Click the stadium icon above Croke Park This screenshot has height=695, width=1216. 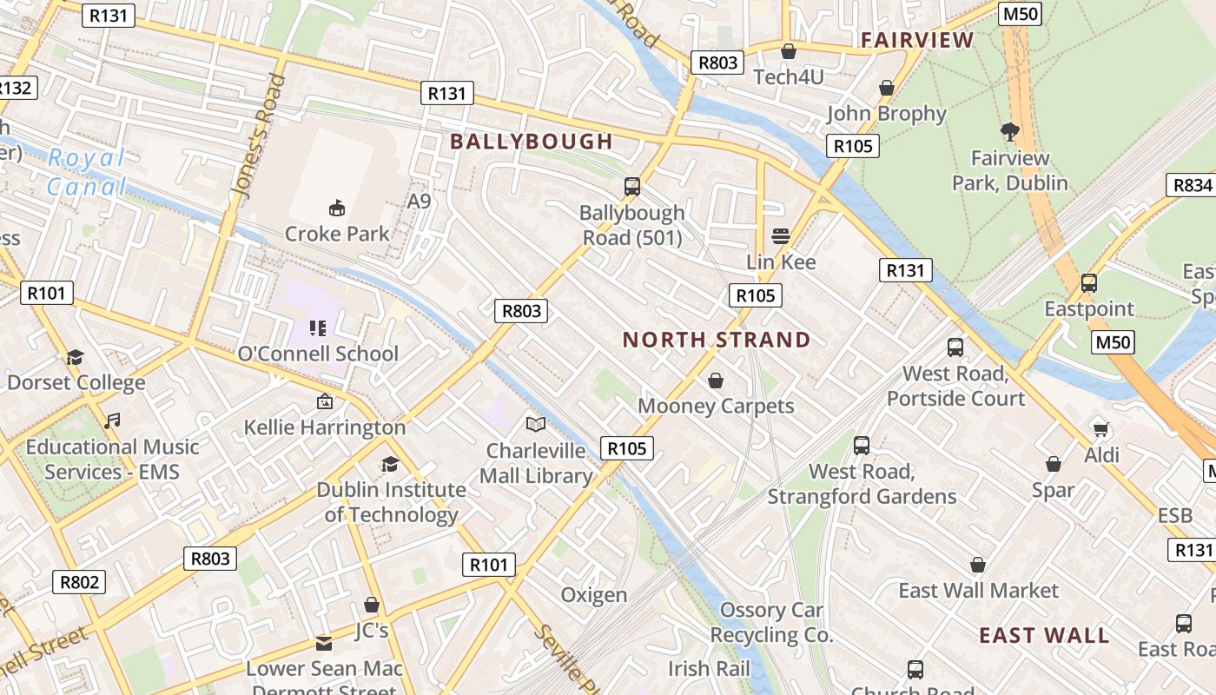pyautogui.click(x=337, y=208)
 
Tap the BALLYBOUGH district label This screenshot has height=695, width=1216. pyautogui.click(x=532, y=142)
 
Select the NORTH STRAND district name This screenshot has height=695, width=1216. pyautogui.click(x=717, y=340)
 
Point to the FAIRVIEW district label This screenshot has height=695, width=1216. pyautogui.click(x=917, y=40)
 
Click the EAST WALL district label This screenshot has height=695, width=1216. pyautogui.click(x=1044, y=635)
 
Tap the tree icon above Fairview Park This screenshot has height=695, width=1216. pyautogui.click(x=1009, y=132)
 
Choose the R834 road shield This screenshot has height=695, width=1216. pyautogui.click(x=1192, y=185)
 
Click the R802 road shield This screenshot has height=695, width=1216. pyautogui.click(x=79, y=582)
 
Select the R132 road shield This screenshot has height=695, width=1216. pyautogui.click(x=15, y=88)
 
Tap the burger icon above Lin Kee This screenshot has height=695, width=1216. pyautogui.click(x=781, y=236)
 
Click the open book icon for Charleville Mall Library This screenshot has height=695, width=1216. pyautogui.click(x=537, y=424)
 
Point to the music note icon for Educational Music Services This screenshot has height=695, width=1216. pyautogui.click(x=111, y=421)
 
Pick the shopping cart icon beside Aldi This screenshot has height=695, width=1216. pyautogui.click(x=1101, y=429)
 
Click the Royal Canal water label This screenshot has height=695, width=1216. pyautogui.click(x=87, y=172)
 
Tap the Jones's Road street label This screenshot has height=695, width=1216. pyautogui.click(x=259, y=135)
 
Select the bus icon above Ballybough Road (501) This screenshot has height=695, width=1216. pyautogui.click(x=632, y=186)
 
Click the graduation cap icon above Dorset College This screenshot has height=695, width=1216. pyautogui.click(x=76, y=357)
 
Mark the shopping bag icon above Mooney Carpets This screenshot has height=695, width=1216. pyautogui.click(x=716, y=381)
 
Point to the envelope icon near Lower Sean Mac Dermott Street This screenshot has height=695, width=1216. pyautogui.click(x=324, y=643)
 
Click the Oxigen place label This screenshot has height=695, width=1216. pyautogui.click(x=593, y=595)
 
